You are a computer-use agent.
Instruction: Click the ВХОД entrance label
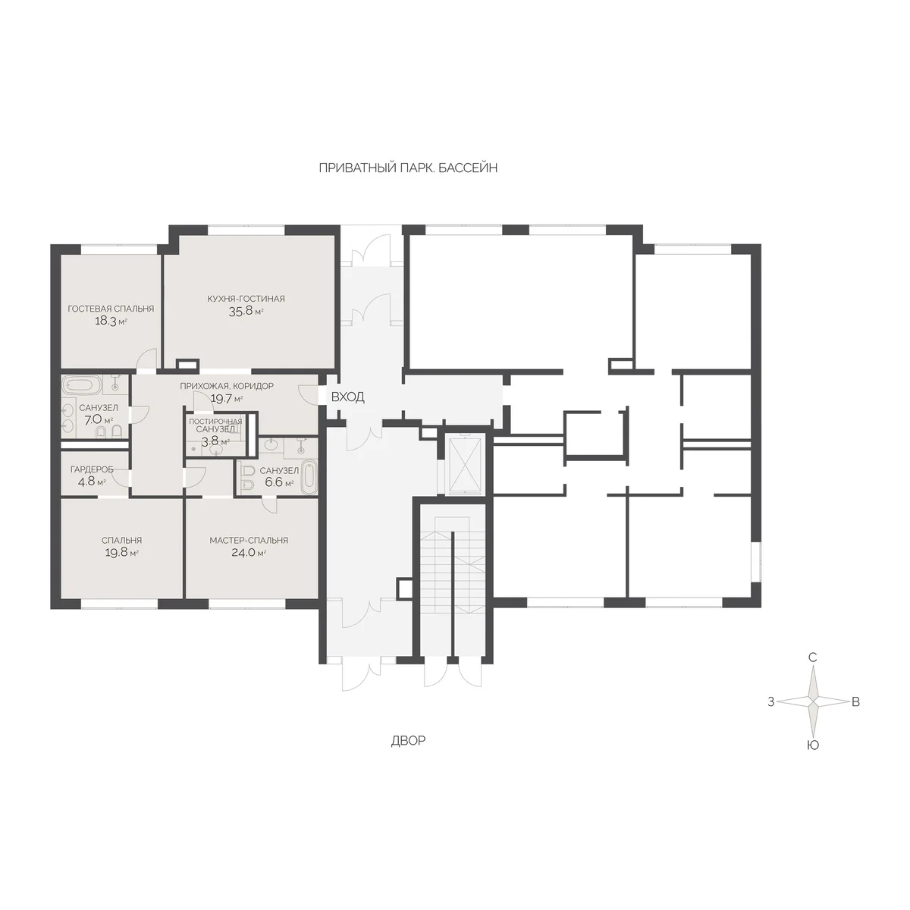(347, 397)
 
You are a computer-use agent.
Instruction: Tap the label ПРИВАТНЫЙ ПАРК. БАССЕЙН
(408, 168)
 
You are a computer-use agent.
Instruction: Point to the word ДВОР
(408, 740)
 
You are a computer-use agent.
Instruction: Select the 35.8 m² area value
(246, 311)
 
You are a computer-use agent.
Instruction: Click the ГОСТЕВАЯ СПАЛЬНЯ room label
(111, 309)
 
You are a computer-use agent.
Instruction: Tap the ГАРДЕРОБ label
(92, 469)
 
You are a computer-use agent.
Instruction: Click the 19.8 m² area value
(121, 553)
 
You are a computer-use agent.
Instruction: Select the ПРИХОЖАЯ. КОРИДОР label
(227, 386)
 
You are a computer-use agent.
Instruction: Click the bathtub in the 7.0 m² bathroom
(82, 385)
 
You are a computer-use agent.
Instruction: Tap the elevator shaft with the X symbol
(465, 466)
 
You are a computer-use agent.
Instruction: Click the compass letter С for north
(813, 657)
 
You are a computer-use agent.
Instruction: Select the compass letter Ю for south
(813, 745)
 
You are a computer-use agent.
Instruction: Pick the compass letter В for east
(855, 702)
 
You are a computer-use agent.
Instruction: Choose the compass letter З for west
(771, 702)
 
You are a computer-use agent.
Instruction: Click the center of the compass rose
(813, 701)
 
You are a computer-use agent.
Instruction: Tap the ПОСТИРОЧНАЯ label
(215, 421)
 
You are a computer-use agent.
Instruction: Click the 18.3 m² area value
(111, 322)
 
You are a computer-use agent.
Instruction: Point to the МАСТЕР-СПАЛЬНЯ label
(249, 540)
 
